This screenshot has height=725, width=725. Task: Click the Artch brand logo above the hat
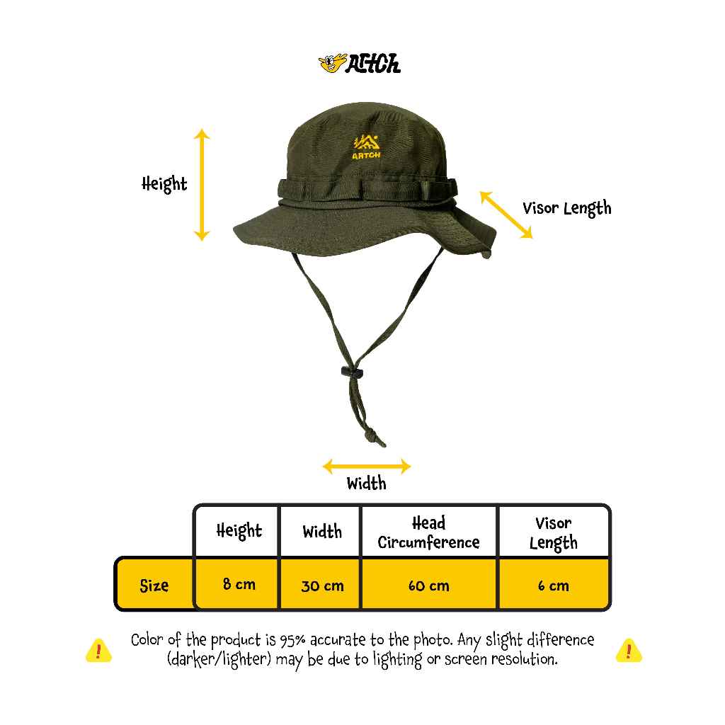(360, 64)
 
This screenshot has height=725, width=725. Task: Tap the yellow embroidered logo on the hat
(366, 147)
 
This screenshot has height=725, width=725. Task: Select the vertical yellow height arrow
(202, 185)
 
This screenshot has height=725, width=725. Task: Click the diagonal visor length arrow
(506, 215)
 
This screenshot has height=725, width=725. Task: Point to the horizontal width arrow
(367, 466)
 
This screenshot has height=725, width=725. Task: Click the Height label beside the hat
(164, 184)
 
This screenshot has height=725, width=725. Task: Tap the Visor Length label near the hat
(567, 209)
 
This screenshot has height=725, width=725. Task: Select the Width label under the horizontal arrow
(366, 483)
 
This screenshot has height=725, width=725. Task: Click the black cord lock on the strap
(352, 371)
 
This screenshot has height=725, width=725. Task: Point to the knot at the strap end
(372, 436)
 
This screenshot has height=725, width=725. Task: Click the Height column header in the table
(239, 531)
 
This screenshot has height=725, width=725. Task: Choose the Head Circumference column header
(428, 532)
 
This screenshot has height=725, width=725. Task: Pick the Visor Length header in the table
(554, 533)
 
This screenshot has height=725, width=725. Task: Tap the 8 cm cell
(239, 584)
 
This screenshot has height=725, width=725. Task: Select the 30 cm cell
(322, 586)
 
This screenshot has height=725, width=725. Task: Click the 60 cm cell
(428, 586)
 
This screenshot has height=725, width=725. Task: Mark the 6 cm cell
(554, 586)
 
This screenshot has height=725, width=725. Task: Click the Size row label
(154, 586)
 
